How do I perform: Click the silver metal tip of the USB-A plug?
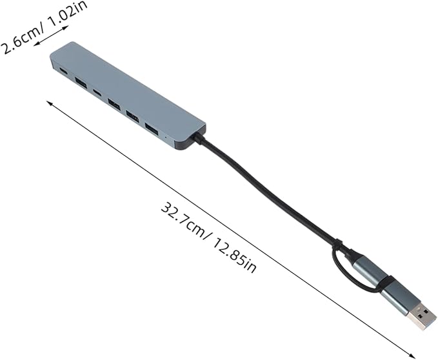(422, 317)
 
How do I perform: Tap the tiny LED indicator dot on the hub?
(167, 137)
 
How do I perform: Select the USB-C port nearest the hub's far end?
(63, 71)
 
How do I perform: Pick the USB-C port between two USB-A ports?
(97, 92)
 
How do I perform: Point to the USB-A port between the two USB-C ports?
(81, 82)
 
